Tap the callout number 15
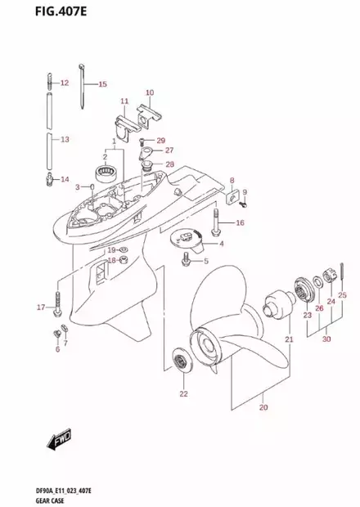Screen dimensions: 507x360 102,84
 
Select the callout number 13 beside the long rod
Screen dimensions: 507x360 65,140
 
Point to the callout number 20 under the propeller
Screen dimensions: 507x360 263,406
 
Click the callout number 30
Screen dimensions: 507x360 326,339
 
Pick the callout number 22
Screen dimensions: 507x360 183,395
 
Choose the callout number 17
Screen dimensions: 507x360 39,307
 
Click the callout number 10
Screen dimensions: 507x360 150,92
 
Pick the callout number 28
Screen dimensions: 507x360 169,164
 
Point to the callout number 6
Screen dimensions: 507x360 58,349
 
